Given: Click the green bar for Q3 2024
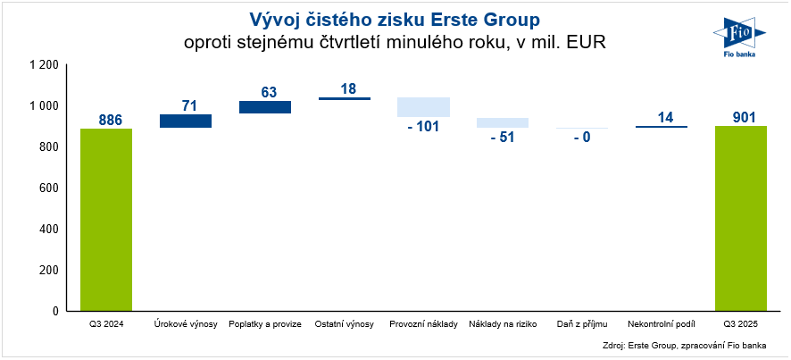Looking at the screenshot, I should [x=106, y=219].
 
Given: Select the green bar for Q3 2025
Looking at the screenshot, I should [x=740, y=218].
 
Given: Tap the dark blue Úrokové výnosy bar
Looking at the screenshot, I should [x=186, y=121].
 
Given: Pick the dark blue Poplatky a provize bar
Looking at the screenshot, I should [x=265, y=107].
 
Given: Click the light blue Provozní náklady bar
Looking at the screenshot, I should [x=423, y=107].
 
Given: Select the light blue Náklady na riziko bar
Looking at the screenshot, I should [x=503, y=122].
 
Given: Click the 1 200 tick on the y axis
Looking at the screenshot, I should [x=44, y=65].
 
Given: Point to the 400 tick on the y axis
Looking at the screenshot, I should [x=49, y=229].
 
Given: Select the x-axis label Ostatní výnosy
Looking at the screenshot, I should [x=344, y=323].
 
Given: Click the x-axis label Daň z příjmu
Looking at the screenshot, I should [x=581, y=323].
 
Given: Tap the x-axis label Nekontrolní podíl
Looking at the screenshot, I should [x=661, y=323].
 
